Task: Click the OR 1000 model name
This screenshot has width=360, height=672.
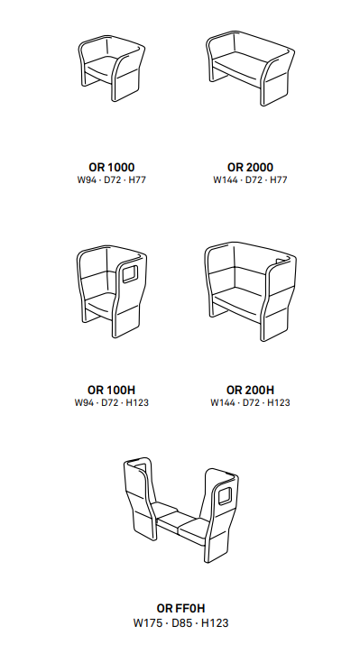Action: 112,167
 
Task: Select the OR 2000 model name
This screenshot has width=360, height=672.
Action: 250,167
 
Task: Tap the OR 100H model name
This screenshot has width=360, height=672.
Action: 112,390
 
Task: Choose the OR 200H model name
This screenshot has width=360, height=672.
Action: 250,390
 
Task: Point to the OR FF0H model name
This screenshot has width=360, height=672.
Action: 180,608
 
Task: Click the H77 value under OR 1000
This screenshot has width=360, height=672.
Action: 137,180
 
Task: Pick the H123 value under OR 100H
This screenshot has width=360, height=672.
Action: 137,402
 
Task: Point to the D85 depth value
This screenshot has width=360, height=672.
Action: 181,622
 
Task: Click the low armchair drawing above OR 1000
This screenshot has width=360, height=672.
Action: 112,68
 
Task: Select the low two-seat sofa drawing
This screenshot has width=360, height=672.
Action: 250,68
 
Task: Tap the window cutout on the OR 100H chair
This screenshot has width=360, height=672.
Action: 130,274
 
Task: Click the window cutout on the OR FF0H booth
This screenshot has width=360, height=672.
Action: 225,496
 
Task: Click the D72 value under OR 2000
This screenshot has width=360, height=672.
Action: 254,180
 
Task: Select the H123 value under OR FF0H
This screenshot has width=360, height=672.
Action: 215,622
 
